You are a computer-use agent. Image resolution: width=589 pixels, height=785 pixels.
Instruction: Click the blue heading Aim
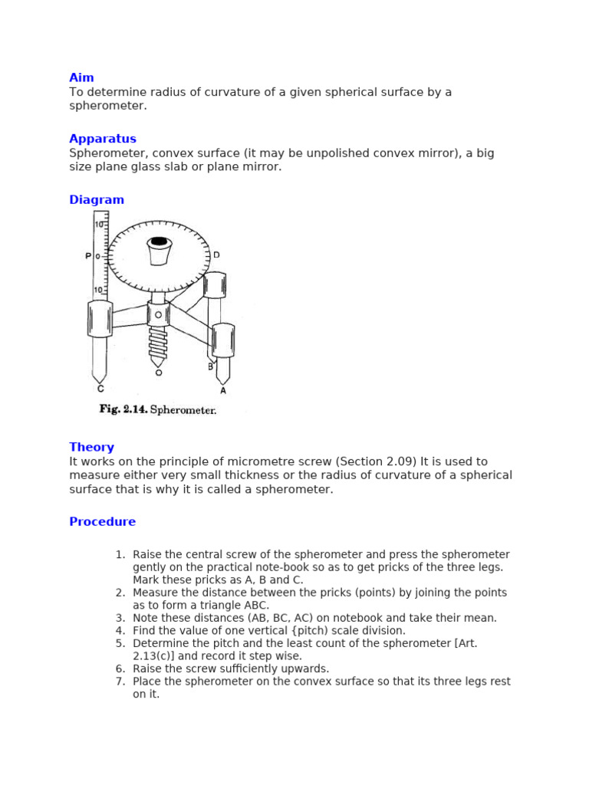point(81,77)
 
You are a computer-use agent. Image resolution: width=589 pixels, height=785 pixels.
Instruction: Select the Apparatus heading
point(103,139)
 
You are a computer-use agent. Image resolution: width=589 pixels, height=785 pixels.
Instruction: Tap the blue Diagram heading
point(97,200)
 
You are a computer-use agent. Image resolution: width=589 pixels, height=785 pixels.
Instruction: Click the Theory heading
point(91,447)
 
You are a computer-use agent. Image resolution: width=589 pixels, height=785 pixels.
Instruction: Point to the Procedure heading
point(102,522)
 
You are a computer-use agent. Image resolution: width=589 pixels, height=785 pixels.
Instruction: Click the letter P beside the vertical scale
point(88,256)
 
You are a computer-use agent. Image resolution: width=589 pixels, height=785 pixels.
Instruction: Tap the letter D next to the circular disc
point(216,255)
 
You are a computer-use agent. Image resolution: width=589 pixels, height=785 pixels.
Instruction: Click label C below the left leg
point(100,389)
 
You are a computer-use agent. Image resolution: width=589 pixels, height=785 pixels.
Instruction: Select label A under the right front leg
point(223,390)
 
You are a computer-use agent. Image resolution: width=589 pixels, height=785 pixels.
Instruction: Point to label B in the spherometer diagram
point(210,366)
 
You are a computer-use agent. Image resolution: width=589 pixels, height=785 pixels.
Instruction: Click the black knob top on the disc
point(159,241)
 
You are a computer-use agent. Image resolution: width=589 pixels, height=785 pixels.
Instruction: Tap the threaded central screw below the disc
point(159,344)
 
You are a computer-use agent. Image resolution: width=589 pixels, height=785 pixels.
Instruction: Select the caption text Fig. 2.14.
point(122,410)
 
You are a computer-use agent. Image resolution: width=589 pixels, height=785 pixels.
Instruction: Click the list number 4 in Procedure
point(120,631)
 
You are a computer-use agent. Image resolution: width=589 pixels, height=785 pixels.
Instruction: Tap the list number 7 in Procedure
point(120,682)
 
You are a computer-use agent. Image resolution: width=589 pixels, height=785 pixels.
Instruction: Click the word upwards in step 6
point(306,668)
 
